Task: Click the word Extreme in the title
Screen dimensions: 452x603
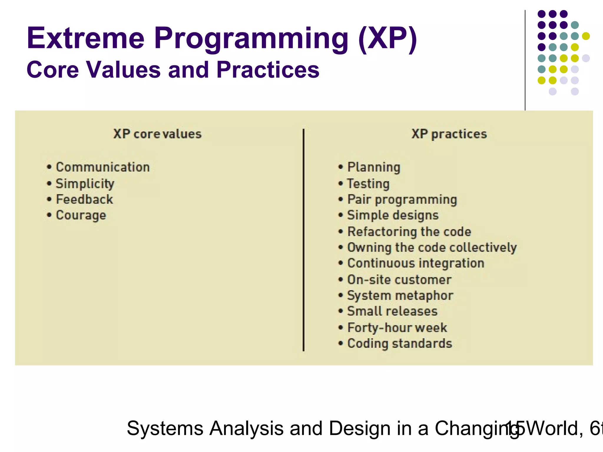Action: point(85,38)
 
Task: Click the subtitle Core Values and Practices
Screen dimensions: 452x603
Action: point(173,70)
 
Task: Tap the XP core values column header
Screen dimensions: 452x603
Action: point(158,134)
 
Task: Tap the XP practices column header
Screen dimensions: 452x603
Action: point(449,134)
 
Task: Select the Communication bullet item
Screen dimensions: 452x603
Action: point(103,167)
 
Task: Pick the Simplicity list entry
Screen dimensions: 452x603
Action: point(85,184)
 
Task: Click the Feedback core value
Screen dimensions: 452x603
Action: point(85,200)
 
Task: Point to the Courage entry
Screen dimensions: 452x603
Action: point(81,215)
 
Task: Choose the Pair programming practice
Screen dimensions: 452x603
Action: point(402,200)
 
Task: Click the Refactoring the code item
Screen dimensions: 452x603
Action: point(409,232)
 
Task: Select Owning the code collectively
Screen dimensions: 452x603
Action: point(432,247)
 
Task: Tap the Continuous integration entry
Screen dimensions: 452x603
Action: point(416,263)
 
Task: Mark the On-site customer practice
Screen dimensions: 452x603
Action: point(399,280)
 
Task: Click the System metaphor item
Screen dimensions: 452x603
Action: point(400,295)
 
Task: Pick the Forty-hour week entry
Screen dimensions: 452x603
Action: point(397,328)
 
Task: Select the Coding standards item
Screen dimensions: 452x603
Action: point(400,343)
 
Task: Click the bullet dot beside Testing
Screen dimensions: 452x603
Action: point(341,184)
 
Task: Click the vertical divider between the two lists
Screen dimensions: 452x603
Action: point(303,240)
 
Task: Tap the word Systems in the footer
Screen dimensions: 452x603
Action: point(165,428)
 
